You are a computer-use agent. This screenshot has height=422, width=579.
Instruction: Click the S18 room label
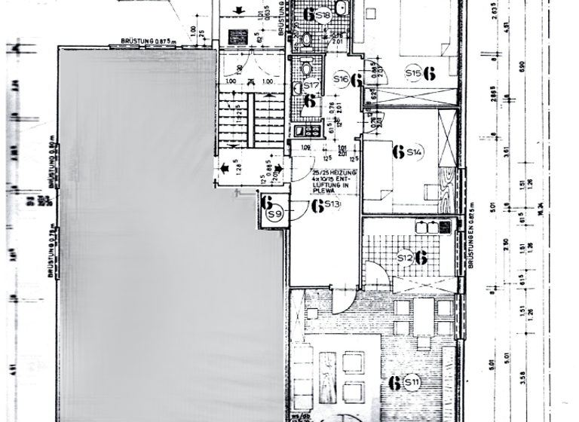pyautogui.click(x=323, y=14)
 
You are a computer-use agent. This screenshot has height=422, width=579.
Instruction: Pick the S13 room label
pyautogui.click(x=335, y=205)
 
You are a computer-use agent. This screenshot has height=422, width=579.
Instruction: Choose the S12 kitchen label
pyautogui.click(x=405, y=258)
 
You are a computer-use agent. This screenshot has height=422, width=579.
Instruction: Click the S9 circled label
pyautogui.click(x=274, y=216)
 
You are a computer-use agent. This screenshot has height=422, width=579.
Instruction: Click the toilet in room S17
pyautogui.click(x=308, y=68)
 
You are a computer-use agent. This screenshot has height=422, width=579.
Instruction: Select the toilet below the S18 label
pyautogui.click(x=308, y=38)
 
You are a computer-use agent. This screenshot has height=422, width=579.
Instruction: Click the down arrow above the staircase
pyautogui.click(x=239, y=10)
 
